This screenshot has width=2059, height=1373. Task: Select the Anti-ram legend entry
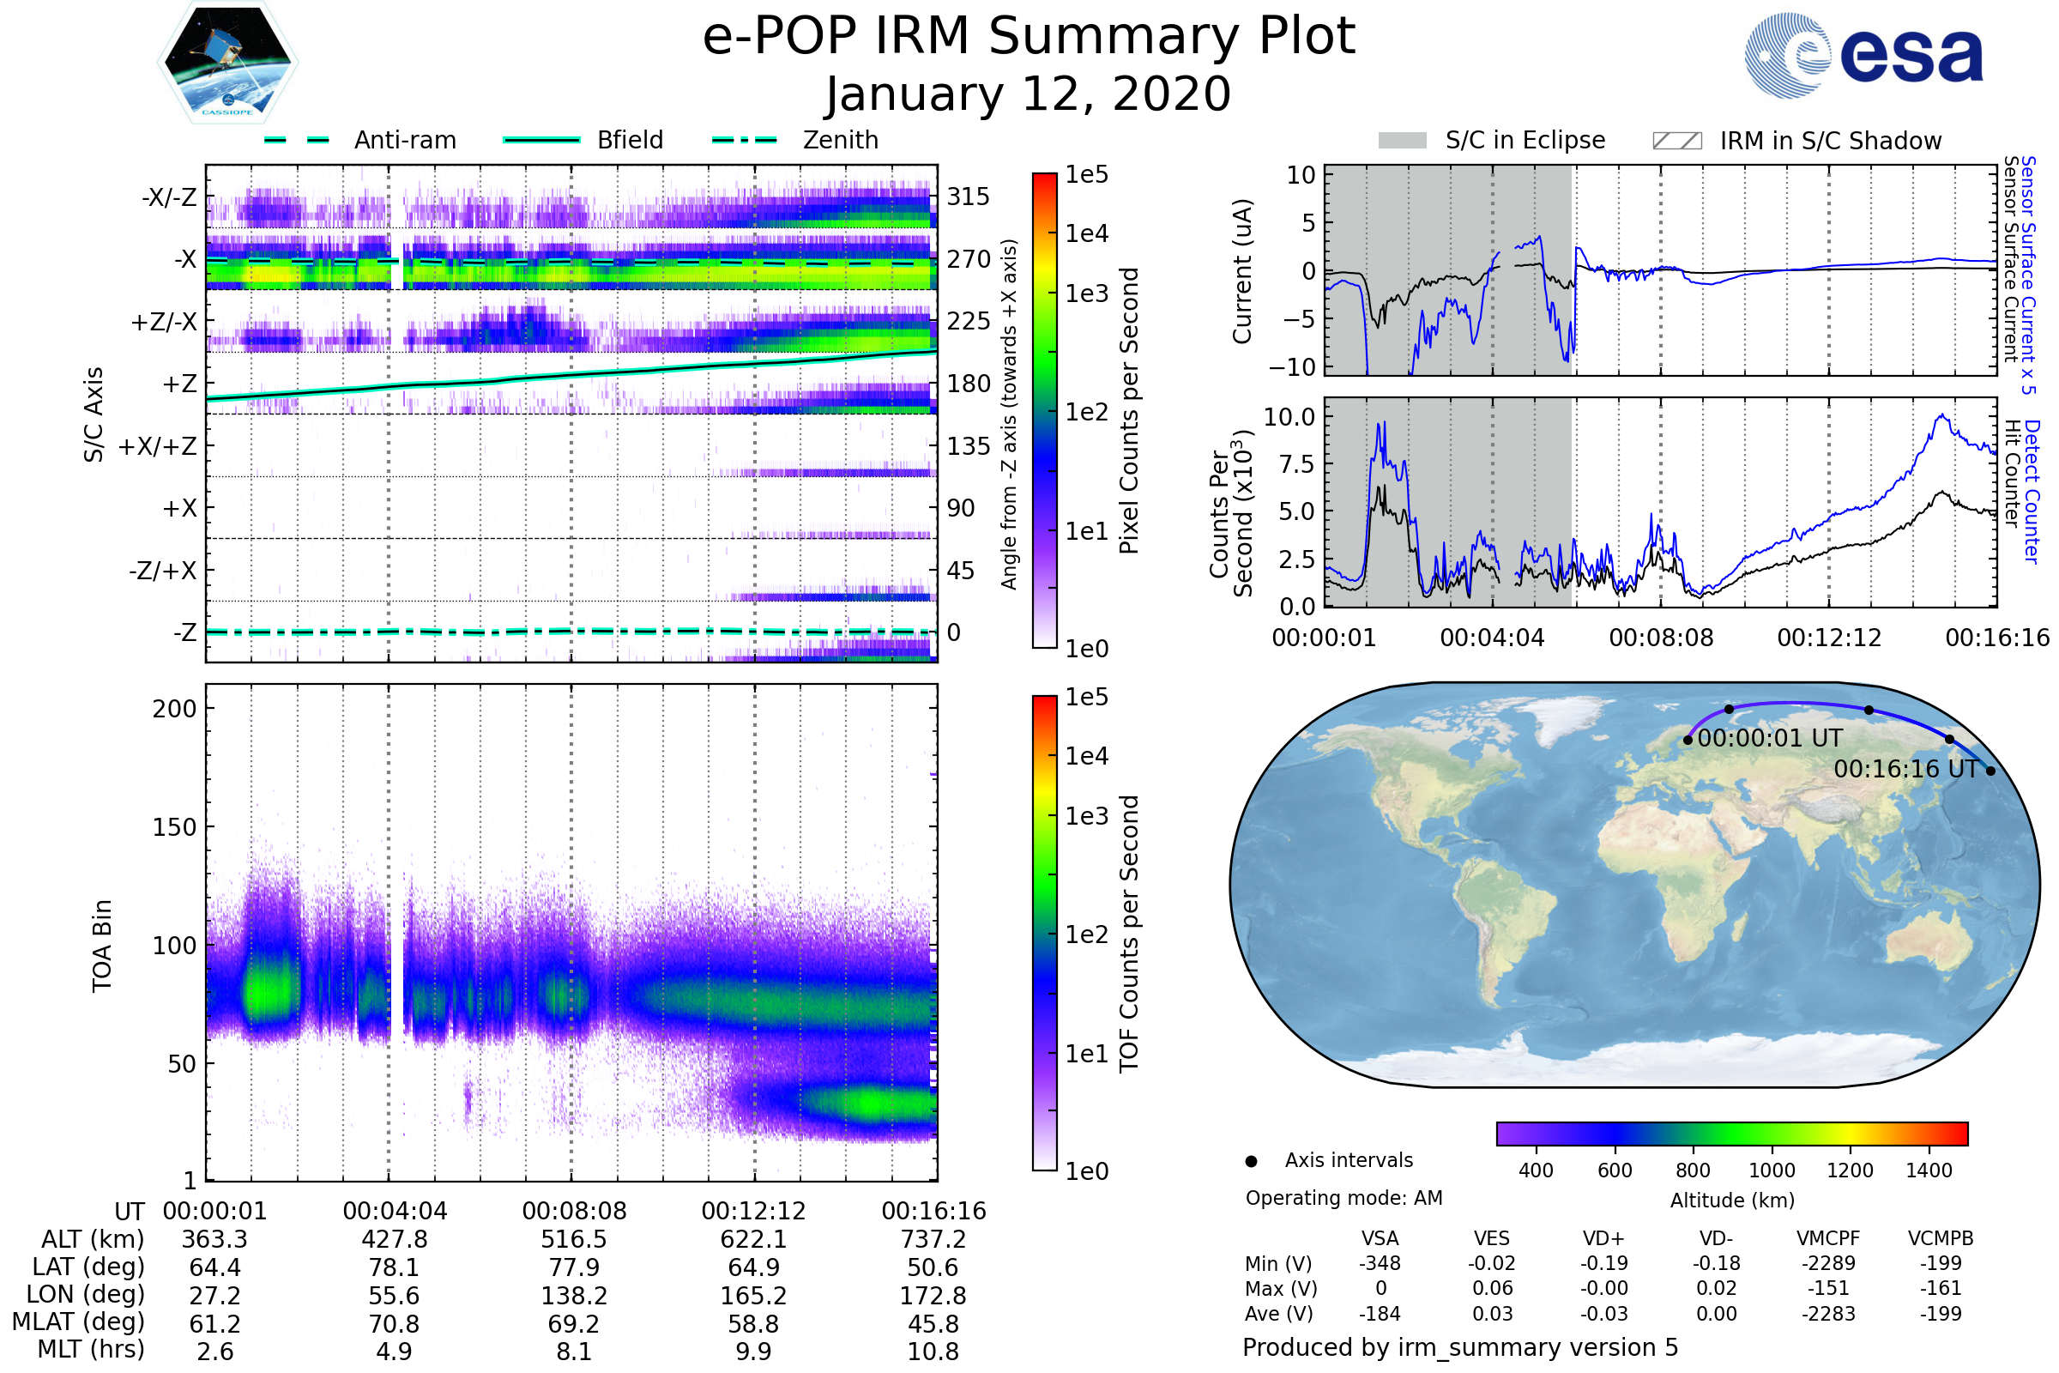pyautogui.click(x=360, y=140)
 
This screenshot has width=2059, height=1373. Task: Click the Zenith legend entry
pyautogui.click(x=796, y=140)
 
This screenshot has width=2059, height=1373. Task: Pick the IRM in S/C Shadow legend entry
pyautogui.click(x=1796, y=141)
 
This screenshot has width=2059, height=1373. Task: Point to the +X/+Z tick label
pyautogui.click(x=158, y=446)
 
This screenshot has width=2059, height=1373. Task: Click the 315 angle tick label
pyautogui.click(x=969, y=197)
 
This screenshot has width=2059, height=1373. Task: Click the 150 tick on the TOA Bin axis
pyautogui.click(x=174, y=827)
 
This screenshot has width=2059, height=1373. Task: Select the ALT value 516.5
pyautogui.click(x=573, y=1240)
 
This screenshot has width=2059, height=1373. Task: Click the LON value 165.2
pyautogui.click(x=753, y=1296)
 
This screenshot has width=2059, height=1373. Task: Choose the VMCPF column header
pyautogui.click(x=1828, y=1239)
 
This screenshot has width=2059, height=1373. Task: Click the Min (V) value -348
pyautogui.click(x=1380, y=1263)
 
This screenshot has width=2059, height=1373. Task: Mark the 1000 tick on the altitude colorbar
pyautogui.click(x=1772, y=1170)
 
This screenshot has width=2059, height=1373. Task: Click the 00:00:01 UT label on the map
pyautogui.click(x=1769, y=738)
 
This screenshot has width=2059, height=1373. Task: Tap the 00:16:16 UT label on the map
pyautogui.click(x=1905, y=769)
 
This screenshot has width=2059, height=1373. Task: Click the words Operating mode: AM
pyautogui.click(x=1343, y=1198)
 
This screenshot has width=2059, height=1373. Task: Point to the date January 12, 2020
pyautogui.click(x=1029, y=94)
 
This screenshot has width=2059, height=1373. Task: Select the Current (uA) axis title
pyautogui.click(x=1242, y=271)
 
